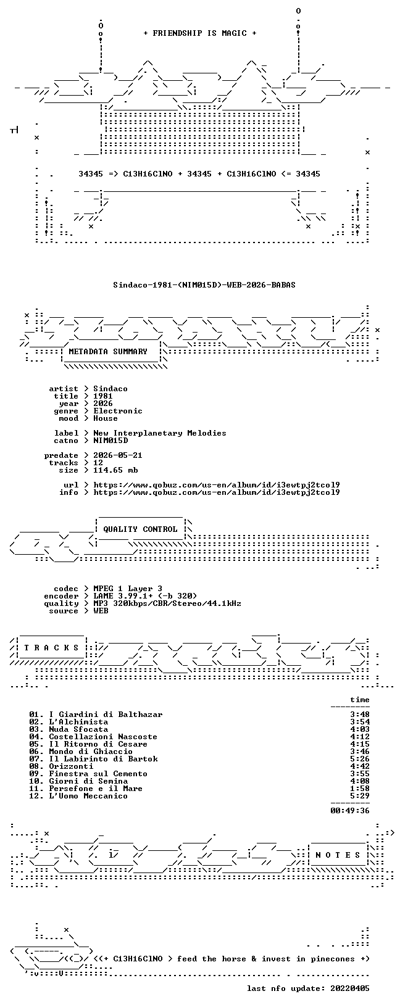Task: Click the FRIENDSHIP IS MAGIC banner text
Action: tap(200, 33)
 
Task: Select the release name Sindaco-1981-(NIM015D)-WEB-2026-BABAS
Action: tap(204, 284)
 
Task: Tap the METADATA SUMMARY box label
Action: tap(108, 352)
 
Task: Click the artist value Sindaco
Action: tap(110, 389)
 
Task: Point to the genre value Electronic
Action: tap(118, 411)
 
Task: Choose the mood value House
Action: tap(106, 418)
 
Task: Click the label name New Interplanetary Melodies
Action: tap(160, 433)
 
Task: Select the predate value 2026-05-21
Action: tap(118, 455)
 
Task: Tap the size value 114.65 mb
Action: tap(115, 470)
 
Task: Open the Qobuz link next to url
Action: tap(217, 485)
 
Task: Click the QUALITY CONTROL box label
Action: tap(140, 529)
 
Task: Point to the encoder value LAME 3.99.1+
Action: tap(123, 596)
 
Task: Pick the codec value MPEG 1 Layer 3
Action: tap(128, 589)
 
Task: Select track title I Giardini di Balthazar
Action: tap(106, 715)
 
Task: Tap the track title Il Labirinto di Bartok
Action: tap(104, 759)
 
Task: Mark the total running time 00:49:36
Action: tap(350, 811)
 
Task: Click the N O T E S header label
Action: tap(338, 855)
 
